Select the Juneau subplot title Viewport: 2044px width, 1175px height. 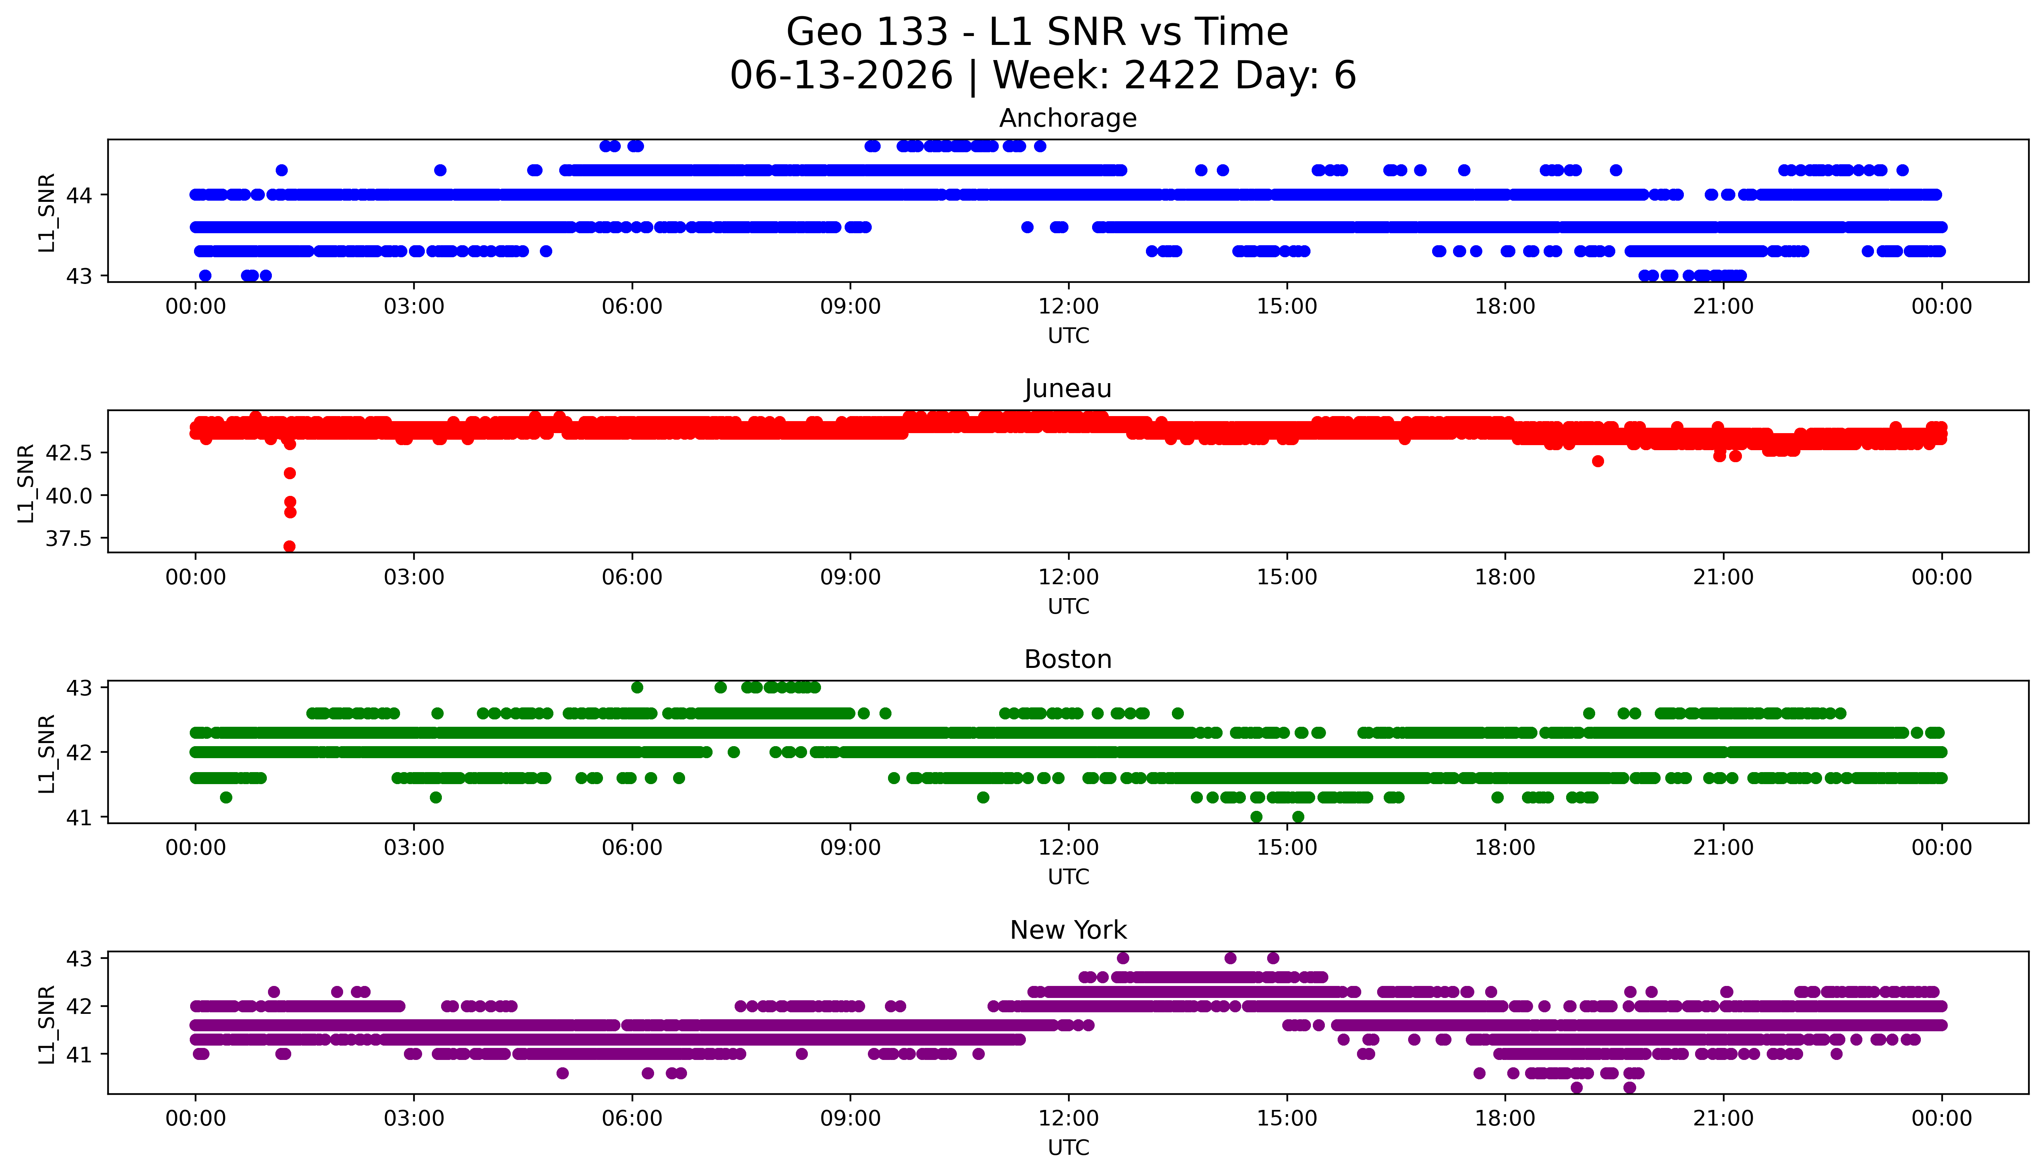coord(1068,389)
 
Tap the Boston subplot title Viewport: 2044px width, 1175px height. coord(1068,659)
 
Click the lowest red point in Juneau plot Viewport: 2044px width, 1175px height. coord(290,546)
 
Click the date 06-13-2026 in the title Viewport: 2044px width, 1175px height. coord(841,75)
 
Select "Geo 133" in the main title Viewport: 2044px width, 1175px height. coord(867,32)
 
